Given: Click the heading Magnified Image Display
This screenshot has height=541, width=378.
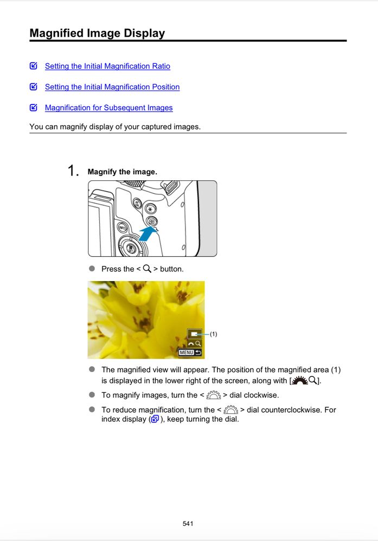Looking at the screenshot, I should (x=97, y=33).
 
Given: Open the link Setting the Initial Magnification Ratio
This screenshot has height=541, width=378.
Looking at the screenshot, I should (x=107, y=66).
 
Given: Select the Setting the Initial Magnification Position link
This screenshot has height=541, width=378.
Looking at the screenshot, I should (x=112, y=87).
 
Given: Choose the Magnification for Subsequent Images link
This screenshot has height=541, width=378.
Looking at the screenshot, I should (x=108, y=108).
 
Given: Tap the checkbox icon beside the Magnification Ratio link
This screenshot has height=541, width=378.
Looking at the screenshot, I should (x=34, y=66).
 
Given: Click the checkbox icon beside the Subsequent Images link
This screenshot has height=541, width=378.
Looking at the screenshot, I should (x=34, y=108).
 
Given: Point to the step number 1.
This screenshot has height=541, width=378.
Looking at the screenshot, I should (x=73, y=171).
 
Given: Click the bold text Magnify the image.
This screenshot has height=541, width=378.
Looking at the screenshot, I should (x=122, y=172).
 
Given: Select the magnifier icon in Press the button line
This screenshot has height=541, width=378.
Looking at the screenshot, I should (x=147, y=269).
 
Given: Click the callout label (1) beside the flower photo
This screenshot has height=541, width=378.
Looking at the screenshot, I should (x=213, y=334).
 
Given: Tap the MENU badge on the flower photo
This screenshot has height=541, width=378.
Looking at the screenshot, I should (x=186, y=353).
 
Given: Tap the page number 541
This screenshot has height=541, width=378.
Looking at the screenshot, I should (x=188, y=524).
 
